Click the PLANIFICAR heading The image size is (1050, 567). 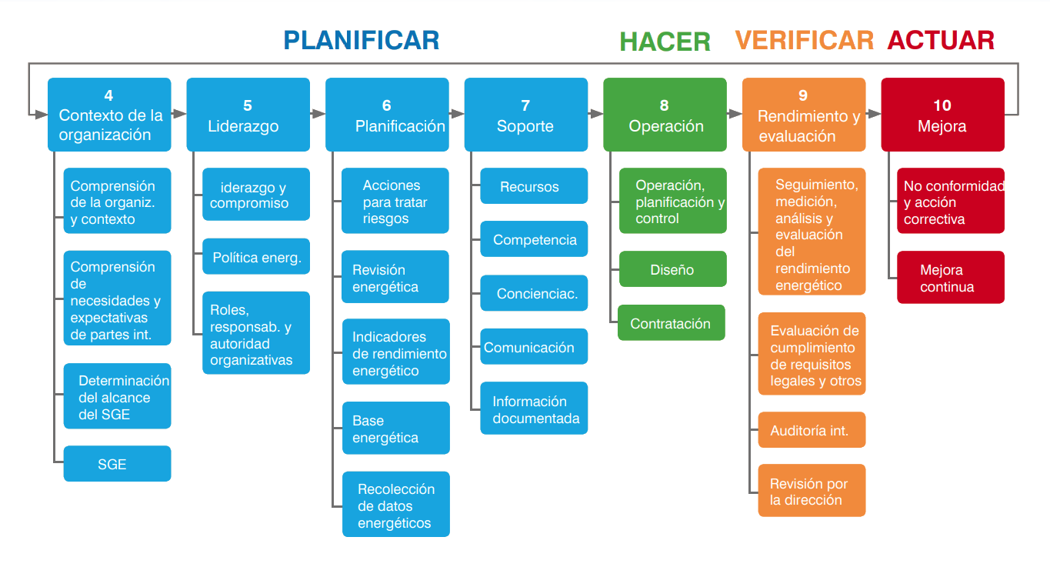(x=362, y=40)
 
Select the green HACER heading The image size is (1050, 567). (x=665, y=42)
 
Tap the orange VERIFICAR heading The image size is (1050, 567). (x=804, y=40)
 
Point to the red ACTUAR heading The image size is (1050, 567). (x=941, y=40)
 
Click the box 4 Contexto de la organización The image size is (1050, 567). (x=109, y=115)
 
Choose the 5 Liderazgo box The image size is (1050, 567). (x=248, y=115)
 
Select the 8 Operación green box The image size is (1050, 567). (x=665, y=115)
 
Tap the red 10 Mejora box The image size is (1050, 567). (x=942, y=115)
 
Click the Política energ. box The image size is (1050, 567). (x=256, y=257)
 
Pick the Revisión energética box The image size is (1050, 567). (x=395, y=278)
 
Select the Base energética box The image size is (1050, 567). (x=395, y=429)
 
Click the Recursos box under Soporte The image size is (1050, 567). (x=534, y=186)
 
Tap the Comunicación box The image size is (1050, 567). (x=534, y=347)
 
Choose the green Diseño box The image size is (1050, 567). (x=672, y=269)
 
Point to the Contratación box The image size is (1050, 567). (x=672, y=323)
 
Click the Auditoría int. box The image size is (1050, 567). (x=812, y=430)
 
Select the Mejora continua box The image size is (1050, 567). (x=950, y=278)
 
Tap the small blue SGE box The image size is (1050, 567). (x=117, y=464)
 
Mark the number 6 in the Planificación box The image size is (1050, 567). (x=387, y=105)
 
